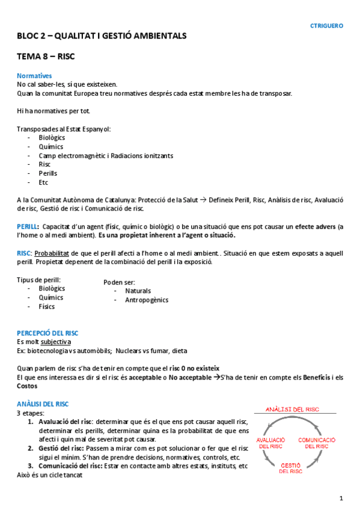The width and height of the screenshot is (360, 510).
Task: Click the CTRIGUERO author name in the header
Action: [x=326, y=26]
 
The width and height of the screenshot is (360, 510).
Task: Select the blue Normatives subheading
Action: [x=34, y=76]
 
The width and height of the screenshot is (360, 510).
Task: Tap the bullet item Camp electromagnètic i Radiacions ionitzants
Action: [x=106, y=156]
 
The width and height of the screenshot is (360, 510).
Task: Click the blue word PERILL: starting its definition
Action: [x=28, y=226]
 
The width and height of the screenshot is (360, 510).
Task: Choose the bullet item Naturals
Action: [x=138, y=291]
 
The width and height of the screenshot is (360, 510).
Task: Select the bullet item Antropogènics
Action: [x=147, y=300]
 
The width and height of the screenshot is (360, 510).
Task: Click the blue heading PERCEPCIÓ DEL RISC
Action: [x=47, y=333]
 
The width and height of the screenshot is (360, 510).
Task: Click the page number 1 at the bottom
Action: [x=341, y=498]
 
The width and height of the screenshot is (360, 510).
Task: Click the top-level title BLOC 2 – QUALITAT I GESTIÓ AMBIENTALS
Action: [x=102, y=36]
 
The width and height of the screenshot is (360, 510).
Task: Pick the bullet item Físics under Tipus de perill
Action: [x=46, y=307]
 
